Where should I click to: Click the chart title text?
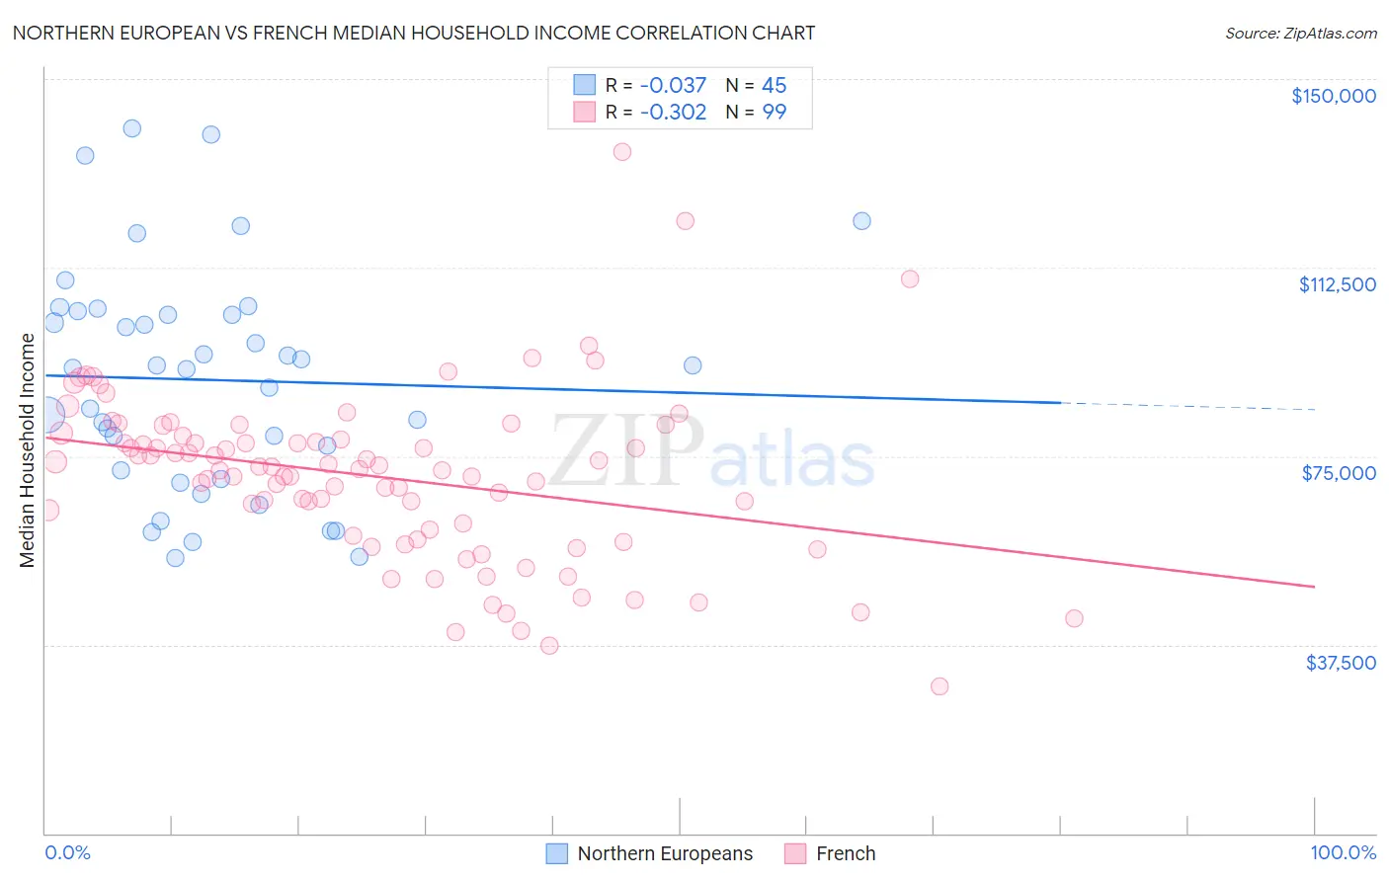pos(414,33)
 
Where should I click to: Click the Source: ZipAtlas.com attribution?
pos(1300,34)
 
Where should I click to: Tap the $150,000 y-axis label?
pos(1333,96)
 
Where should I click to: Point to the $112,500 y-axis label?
pos(1337,284)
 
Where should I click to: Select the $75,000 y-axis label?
pos(1339,473)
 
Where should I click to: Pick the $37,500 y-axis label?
pos(1341,663)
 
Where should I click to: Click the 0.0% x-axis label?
pos(67,852)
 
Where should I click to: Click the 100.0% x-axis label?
pos(1343,852)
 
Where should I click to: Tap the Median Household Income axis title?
pos(28,450)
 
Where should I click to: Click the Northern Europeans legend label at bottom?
pos(665,853)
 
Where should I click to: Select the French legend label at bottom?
pos(846,853)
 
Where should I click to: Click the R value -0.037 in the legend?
pos(673,86)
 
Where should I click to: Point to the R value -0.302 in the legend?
pos(673,113)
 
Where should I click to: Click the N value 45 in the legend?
pos(774,86)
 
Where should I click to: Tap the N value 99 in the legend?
pos(774,113)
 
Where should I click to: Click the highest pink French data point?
pos(621,152)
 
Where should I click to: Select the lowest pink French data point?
pos(940,686)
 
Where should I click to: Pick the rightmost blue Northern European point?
pos(861,221)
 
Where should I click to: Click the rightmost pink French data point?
pos(1074,618)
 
